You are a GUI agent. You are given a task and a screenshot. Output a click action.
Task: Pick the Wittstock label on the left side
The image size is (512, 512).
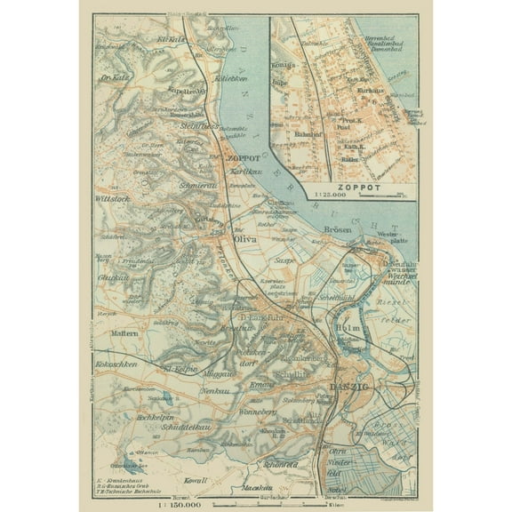(114, 199)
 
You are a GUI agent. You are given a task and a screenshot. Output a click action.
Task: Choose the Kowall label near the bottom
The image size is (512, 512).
(194, 480)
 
